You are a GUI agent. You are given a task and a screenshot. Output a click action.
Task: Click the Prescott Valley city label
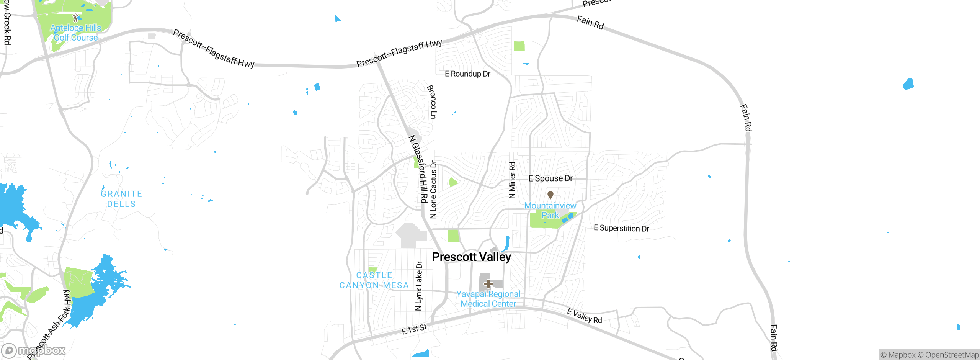(471, 257)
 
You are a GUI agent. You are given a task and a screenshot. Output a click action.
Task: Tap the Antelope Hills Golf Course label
(76, 33)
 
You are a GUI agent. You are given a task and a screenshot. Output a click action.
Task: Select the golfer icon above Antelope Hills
(75, 18)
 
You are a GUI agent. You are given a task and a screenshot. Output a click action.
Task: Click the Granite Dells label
(121, 199)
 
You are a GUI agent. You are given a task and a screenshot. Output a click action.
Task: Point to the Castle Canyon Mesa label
(374, 280)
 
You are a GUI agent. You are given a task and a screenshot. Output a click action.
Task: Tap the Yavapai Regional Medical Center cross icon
(488, 284)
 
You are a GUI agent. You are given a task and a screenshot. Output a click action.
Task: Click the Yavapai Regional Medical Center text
(488, 299)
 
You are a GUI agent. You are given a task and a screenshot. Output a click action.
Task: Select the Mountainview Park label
(550, 210)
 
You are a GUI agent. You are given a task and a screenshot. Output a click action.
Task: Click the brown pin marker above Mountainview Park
(550, 195)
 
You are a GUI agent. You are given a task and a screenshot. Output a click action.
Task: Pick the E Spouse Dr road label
(550, 178)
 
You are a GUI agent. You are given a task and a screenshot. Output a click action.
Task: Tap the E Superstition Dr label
(621, 228)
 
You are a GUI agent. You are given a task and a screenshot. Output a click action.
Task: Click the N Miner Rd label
(512, 180)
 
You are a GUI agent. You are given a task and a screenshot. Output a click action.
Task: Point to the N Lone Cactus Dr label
(433, 190)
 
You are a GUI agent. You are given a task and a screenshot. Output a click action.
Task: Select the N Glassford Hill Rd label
(418, 169)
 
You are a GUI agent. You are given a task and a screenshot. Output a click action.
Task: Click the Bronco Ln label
(431, 102)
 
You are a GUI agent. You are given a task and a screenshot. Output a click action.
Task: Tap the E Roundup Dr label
(467, 74)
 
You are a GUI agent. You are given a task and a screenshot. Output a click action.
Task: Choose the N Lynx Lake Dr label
(419, 286)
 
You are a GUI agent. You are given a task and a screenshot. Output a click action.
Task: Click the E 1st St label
(414, 329)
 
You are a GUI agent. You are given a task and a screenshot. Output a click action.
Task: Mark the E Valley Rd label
(585, 316)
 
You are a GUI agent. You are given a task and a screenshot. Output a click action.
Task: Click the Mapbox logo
(34, 350)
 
